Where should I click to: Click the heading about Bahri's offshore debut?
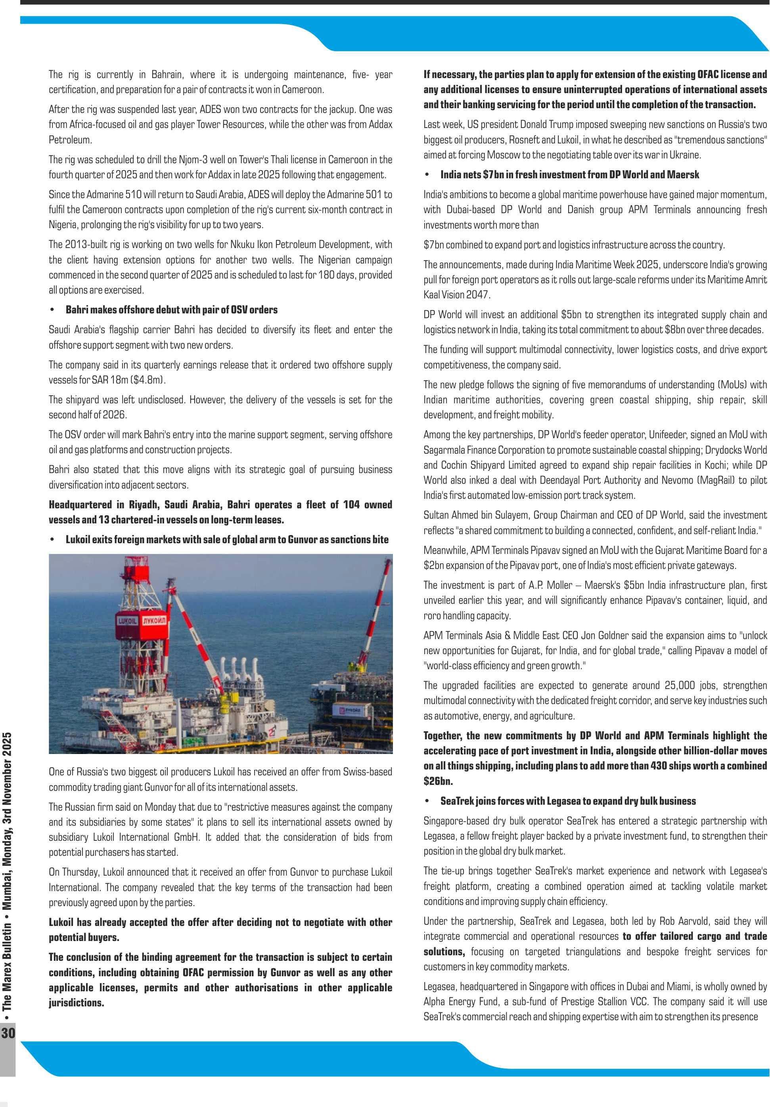pyautogui.click(x=171, y=309)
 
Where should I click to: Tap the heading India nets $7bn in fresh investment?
pyautogui.click(x=569, y=175)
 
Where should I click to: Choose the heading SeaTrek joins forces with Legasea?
pyautogui.click(x=568, y=801)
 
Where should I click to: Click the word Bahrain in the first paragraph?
pyautogui.click(x=167, y=74)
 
